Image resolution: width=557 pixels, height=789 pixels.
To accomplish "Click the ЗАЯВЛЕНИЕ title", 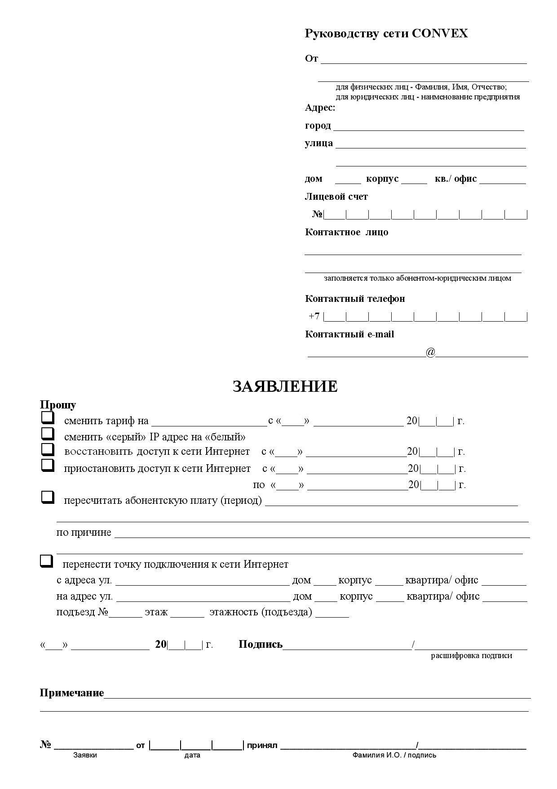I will click(285, 386).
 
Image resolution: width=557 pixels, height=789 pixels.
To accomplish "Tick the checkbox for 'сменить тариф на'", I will click(48, 418).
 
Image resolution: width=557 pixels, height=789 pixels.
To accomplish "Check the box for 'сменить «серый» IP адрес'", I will click(48, 434).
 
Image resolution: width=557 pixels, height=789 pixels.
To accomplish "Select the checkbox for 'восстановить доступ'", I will click(48, 449).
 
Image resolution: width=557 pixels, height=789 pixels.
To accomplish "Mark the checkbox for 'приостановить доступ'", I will click(48, 465).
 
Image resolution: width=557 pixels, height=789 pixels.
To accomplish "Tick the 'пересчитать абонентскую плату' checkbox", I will click(48, 498).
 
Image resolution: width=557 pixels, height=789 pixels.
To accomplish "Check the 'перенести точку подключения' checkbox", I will click(46, 561).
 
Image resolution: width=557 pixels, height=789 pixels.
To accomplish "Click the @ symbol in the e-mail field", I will click(430, 352).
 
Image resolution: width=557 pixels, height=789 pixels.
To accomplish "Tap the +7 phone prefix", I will click(314, 316).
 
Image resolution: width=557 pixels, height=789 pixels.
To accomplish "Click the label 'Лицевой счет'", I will click(336, 197).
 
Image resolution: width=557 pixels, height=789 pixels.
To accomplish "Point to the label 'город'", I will click(318, 126).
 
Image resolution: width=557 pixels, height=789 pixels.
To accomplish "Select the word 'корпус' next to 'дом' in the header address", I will click(382, 179).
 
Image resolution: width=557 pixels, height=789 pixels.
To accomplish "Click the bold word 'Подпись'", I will click(261, 645).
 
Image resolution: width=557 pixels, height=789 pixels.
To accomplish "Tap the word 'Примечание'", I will click(72, 693).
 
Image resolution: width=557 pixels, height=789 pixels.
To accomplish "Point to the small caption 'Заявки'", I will click(85, 755).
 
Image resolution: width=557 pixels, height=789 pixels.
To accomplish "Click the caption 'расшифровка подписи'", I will click(472, 655).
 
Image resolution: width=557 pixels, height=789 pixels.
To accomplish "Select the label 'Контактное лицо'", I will click(346, 232).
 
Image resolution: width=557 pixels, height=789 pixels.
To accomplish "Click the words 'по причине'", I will click(84, 533).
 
